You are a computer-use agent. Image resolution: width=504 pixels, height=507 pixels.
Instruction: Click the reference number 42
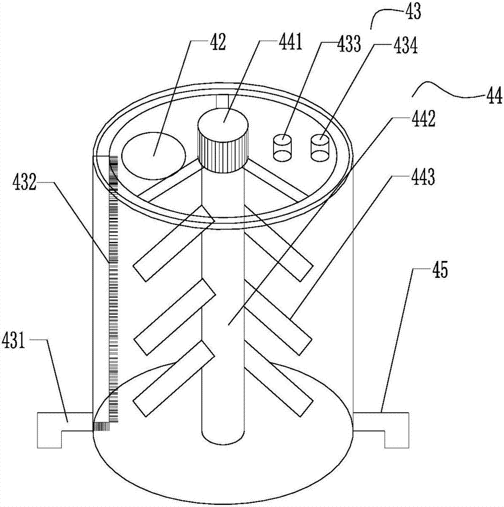(x=218, y=42)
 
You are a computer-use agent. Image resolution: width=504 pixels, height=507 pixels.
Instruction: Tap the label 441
(x=291, y=42)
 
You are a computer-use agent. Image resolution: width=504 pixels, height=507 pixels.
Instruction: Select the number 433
(x=349, y=44)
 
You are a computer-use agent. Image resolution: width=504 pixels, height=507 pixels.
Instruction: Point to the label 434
(x=405, y=45)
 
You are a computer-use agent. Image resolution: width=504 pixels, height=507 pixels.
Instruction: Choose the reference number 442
(x=423, y=119)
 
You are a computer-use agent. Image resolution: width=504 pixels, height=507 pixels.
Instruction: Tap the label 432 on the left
(x=24, y=183)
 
